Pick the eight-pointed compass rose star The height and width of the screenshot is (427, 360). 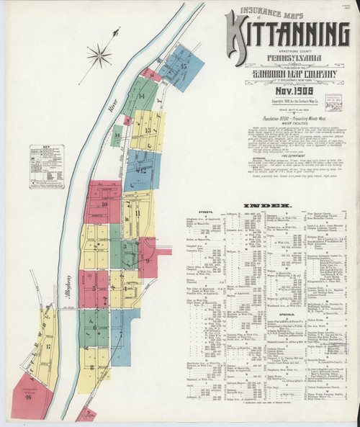[x=99, y=55]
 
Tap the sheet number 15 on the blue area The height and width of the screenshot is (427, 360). [x=184, y=66]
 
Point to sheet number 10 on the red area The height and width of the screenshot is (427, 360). [x=105, y=204]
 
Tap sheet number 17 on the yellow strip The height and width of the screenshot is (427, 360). [x=47, y=347]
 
